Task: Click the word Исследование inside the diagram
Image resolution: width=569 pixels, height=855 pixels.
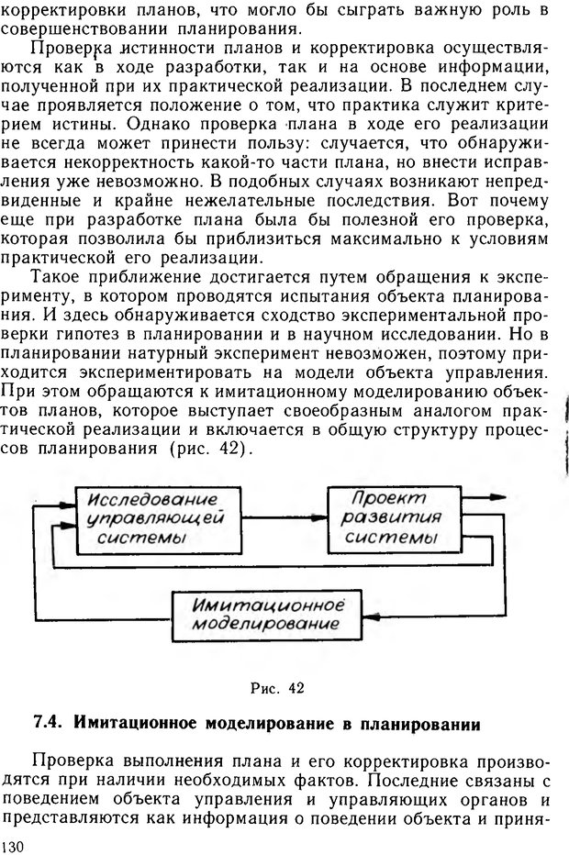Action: point(153,501)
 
